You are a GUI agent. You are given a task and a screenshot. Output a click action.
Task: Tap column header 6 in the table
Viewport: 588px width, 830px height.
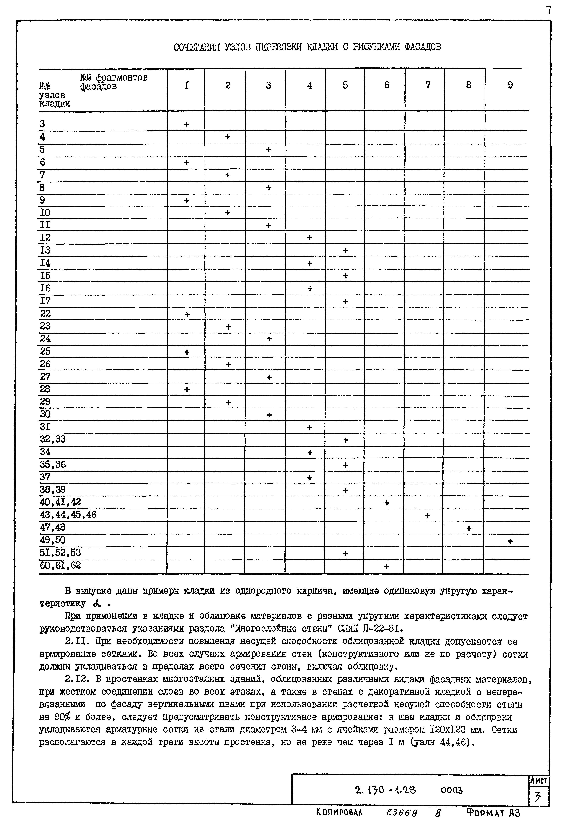[387, 85]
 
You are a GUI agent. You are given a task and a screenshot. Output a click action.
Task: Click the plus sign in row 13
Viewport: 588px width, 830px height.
[345, 250]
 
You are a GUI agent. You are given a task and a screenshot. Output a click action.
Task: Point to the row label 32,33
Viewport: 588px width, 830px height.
[53, 439]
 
